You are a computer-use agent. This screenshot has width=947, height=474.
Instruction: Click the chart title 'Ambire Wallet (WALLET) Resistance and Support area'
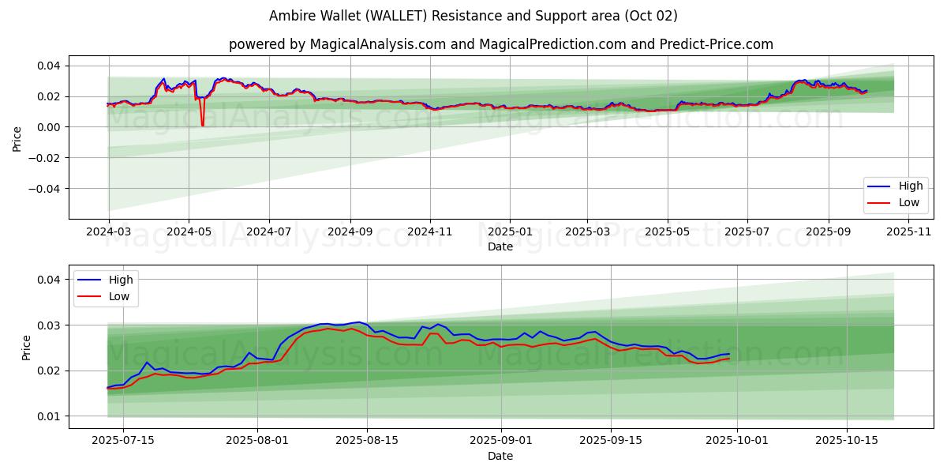tap(473, 16)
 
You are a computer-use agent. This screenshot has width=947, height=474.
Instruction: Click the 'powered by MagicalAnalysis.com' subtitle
tap(500, 44)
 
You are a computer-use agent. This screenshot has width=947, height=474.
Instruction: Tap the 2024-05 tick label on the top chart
tap(189, 231)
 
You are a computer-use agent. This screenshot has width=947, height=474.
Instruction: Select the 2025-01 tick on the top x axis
tap(510, 231)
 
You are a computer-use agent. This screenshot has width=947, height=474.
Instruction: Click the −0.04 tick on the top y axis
tap(47, 189)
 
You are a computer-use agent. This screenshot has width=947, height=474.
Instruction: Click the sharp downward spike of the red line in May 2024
tap(202, 125)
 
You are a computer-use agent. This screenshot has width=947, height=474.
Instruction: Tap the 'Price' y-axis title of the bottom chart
tap(27, 348)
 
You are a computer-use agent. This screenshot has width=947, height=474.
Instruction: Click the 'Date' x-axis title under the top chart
tap(500, 246)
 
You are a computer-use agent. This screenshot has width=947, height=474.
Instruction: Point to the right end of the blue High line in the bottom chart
tap(728, 354)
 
